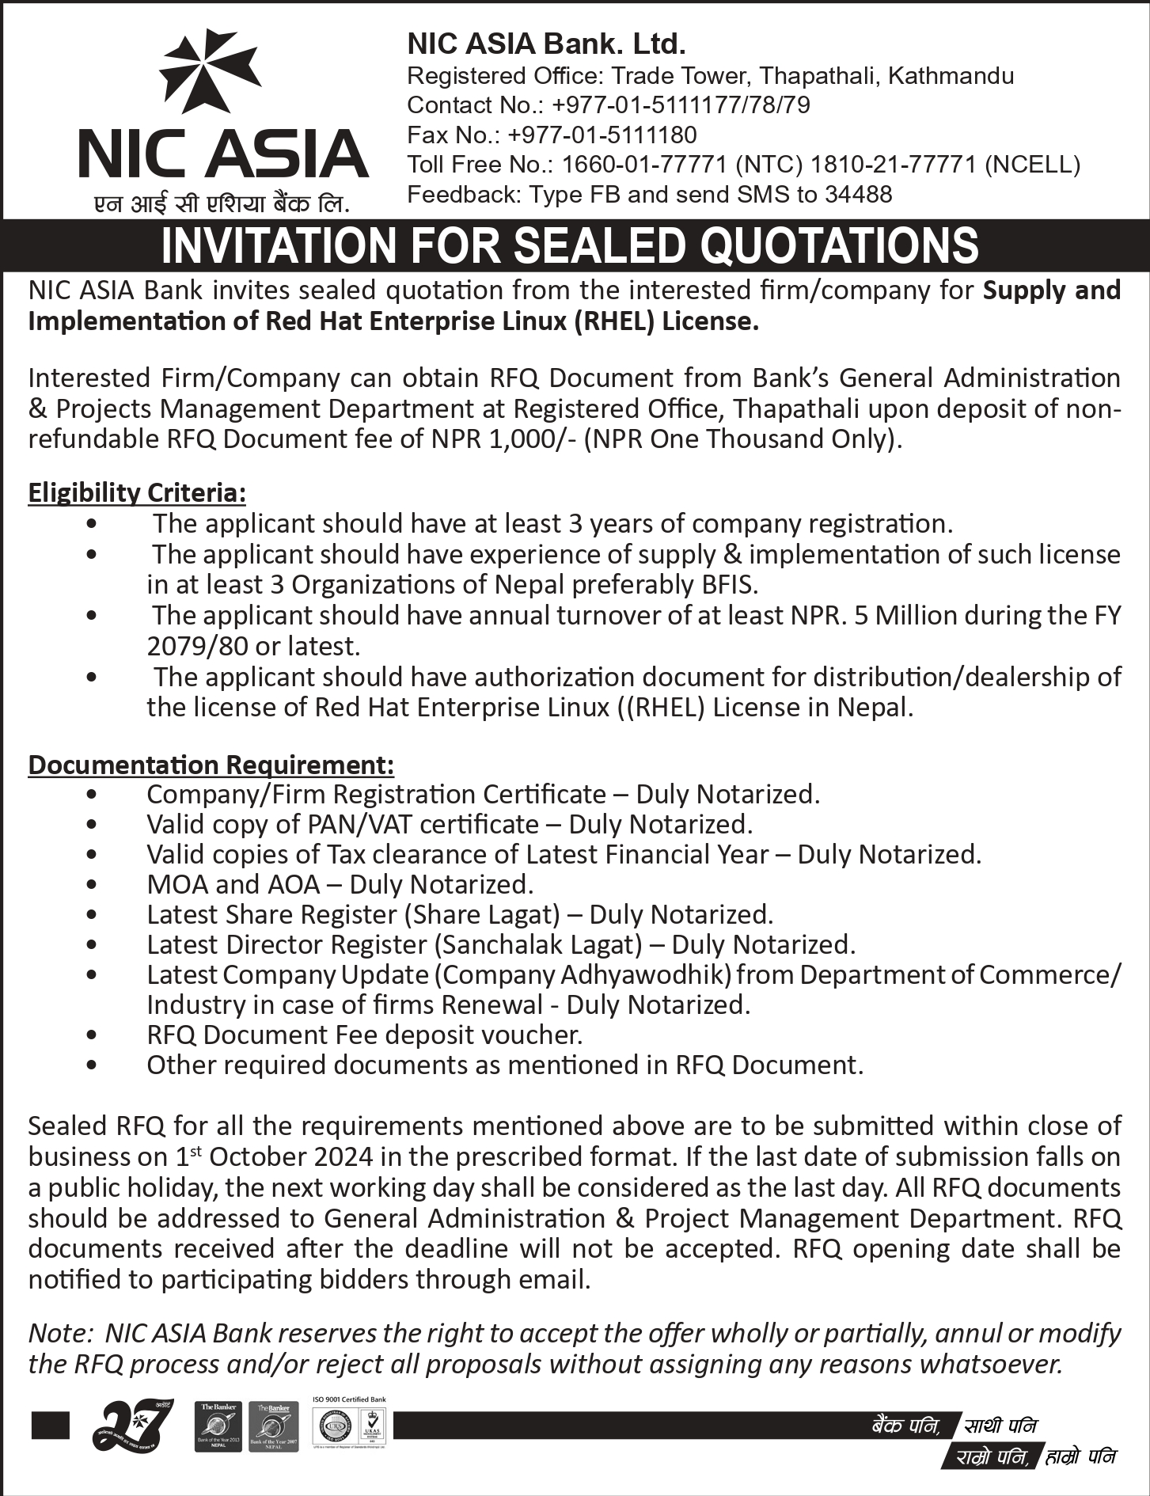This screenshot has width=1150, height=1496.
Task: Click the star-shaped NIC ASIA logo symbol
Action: pyautogui.click(x=210, y=73)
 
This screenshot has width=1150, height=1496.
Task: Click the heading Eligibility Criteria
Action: pyautogui.click(x=137, y=492)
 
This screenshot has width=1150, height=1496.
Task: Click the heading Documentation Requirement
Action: pyautogui.click(x=211, y=765)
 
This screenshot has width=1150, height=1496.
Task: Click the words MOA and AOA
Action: pyautogui.click(x=233, y=884)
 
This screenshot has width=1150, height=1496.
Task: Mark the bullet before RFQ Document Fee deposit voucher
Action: pyautogui.click(x=93, y=1035)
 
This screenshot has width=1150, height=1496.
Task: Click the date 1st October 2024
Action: pyautogui.click(x=273, y=1157)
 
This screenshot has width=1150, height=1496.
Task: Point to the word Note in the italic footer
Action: pyautogui.click(x=59, y=1334)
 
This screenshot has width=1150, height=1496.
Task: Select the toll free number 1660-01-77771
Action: pyautogui.click(x=644, y=165)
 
